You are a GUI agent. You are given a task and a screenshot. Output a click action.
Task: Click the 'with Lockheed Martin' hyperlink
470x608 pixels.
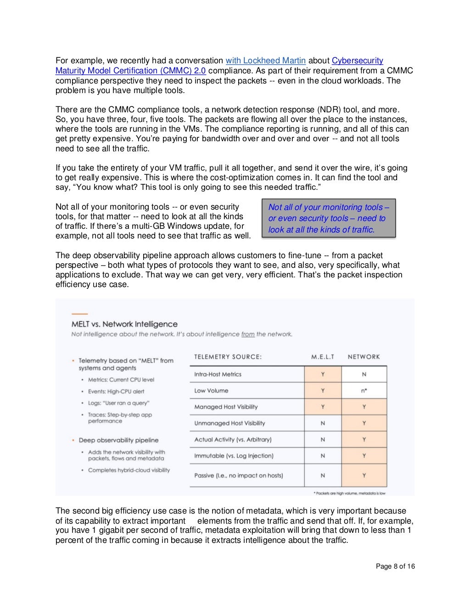pos(265,61)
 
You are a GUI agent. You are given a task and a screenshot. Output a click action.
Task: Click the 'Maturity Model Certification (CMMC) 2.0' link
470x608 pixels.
pos(130,71)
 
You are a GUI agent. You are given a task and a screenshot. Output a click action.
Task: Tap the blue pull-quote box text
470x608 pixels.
pos(328,218)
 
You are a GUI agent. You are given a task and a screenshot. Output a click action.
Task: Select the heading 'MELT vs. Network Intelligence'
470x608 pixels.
pos(124,324)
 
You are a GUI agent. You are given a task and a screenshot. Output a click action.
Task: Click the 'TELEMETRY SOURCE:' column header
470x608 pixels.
pos(228,357)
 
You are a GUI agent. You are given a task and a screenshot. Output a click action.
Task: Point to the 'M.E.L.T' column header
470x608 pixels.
pos(323,357)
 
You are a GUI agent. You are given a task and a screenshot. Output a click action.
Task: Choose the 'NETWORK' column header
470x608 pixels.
pos(364,357)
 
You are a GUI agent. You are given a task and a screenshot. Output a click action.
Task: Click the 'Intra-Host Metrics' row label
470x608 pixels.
pos(218,374)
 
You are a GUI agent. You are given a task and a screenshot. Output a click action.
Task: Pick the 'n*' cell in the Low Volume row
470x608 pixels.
pos(364,391)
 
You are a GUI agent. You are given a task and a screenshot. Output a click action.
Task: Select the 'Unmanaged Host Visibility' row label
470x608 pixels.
pos(229,423)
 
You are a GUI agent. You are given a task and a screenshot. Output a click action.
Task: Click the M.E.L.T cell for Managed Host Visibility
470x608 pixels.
pos(323,407)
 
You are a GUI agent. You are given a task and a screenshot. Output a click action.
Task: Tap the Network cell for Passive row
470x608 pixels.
pos(364,475)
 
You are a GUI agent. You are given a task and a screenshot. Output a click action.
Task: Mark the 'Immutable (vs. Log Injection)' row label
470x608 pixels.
pos(234,456)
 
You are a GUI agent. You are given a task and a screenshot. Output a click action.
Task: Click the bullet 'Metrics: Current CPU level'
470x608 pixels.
pos(121,380)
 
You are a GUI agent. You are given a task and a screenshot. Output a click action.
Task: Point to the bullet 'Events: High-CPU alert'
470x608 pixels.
pos(116,392)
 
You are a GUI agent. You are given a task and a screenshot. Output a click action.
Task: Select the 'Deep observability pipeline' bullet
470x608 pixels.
pos(118,440)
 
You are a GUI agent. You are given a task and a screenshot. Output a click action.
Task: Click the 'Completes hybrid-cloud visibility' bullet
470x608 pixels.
pos(129,470)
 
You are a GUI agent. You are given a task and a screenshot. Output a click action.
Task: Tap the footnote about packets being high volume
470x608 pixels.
pos(349,493)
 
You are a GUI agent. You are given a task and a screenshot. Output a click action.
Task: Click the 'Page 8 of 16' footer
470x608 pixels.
pos(395,566)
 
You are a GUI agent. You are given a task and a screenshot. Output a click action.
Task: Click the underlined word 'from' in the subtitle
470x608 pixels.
pos(248,334)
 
